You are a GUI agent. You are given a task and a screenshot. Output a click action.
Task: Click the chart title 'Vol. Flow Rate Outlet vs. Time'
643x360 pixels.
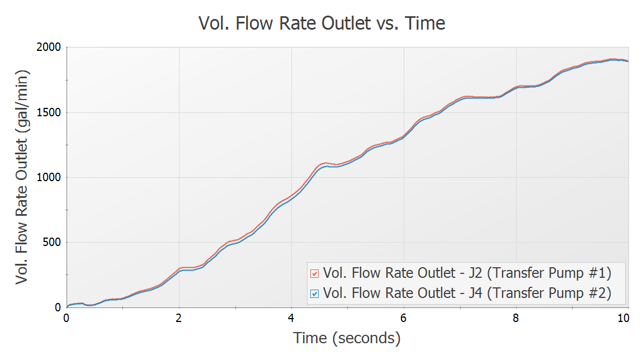pyautogui.click(x=321, y=23)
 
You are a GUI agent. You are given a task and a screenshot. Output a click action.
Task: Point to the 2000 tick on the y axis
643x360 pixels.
pyautogui.click(x=49, y=48)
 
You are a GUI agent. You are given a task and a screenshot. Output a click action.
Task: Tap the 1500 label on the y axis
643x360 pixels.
pyautogui.click(x=49, y=112)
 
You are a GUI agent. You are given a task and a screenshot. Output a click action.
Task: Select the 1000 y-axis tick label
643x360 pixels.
pyautogui.click(x=49, y=177)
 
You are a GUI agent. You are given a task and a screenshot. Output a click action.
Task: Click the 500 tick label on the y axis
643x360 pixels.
pyautogui.click(x=51, y=242)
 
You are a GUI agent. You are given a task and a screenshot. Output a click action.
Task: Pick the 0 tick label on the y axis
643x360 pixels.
pyautogui.click(x=58, y=307)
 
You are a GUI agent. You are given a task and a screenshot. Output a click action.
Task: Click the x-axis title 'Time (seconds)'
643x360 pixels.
pyautogui.click(x=347, y=338)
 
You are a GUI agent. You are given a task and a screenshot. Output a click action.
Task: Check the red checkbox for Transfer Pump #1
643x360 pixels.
pyautogui.click(x=314, y=273)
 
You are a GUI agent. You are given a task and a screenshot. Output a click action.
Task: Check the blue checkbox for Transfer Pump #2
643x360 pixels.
pyautogui.click(x=314, y=292)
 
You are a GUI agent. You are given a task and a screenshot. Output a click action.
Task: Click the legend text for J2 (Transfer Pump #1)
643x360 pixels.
pyautogui.click(x=467, y=273)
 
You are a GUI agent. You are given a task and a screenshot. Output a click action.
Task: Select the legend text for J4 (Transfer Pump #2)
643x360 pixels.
pyautogui.click(x=467, y=292)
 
